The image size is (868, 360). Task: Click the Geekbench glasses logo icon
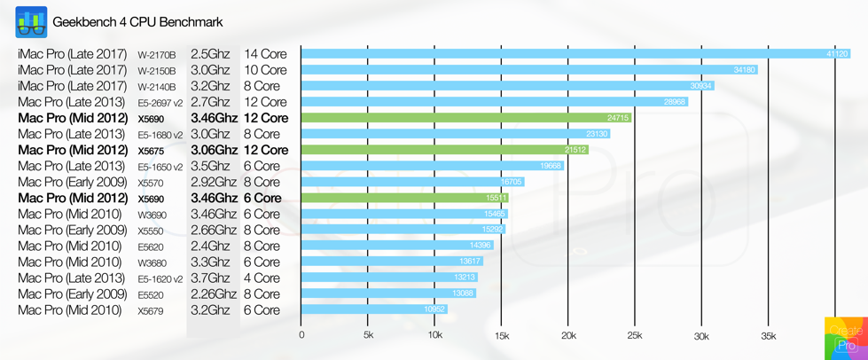click(31, 22)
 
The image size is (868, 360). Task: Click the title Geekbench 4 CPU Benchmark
click(137, 22)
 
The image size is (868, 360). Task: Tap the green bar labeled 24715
click(465, 118)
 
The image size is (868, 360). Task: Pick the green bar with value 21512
click(444, 150)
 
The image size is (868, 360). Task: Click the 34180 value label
click(745, 70)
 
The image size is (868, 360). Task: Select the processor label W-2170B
click(157, 55)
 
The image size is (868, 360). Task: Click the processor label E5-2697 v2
click(160, 103)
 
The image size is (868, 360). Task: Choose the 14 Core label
click(265, 54)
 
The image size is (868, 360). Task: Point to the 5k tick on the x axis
click(368, 336)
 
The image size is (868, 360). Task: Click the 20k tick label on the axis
click(568, 336)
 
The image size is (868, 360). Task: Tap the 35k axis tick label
click(768, 336)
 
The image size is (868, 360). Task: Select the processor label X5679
click(151, 311)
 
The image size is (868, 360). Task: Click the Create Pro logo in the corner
click(846, 338)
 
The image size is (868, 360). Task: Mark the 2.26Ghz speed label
click(214, 293)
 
